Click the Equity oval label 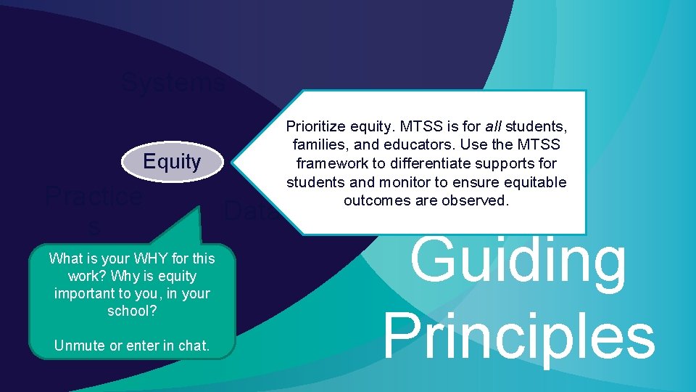click(172, 161)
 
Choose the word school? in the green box click(131, 311)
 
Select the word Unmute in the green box click(79, 346)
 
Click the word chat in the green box click(192, 346)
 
